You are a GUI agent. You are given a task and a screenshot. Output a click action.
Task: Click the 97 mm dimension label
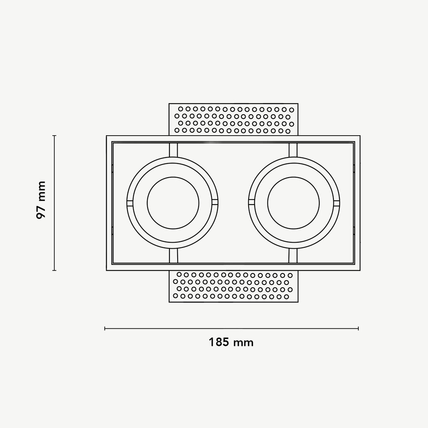pos(41,200)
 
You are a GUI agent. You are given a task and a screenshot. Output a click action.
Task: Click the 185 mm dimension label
pos(231,342)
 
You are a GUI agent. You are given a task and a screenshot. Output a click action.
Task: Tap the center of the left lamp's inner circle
pos(172,202)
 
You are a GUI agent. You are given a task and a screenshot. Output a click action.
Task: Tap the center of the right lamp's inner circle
pos(293,202)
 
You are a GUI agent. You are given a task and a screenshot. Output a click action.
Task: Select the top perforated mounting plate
pos(233,119)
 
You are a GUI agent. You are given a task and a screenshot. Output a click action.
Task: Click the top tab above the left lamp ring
pos(173,150)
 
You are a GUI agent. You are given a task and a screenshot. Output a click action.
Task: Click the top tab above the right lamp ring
pos(293,150)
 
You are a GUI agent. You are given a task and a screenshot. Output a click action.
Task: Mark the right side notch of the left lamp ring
pos(215,202)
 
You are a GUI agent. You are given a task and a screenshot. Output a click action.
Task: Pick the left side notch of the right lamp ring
pos(251,202)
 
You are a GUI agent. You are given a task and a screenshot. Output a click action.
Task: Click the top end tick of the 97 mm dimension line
pos(54,136)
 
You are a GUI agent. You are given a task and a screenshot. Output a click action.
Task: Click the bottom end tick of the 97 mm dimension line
pos(54,270)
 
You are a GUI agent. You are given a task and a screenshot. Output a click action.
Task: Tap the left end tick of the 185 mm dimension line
pos(105,328)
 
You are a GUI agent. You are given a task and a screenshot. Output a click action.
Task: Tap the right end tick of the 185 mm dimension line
pos(358,328)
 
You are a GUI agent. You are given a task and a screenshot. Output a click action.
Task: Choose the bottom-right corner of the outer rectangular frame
pos(360,270)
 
